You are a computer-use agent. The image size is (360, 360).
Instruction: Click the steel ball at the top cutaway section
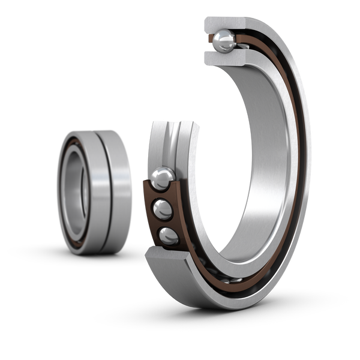tap(225, 41)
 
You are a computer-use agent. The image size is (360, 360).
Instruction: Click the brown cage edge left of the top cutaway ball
tap(211, 41)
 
